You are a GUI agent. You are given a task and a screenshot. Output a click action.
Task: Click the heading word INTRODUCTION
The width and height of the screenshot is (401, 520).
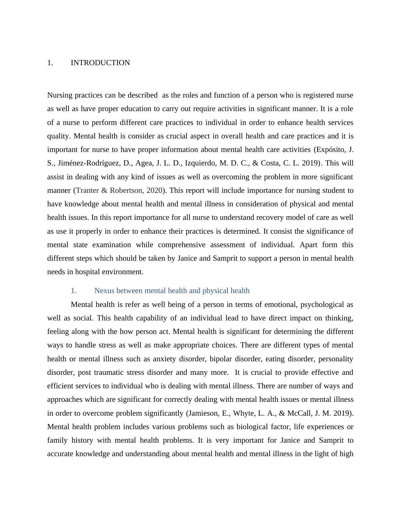point(100,63)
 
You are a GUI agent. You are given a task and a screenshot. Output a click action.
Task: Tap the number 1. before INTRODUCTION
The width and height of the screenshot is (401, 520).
point(50,63)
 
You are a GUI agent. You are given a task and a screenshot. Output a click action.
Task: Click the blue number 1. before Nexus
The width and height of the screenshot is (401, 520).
point(74,291)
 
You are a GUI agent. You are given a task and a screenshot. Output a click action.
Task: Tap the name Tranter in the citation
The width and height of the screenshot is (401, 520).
point(87,190)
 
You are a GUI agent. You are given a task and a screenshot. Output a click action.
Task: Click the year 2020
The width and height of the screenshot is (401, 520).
point(154,190)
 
